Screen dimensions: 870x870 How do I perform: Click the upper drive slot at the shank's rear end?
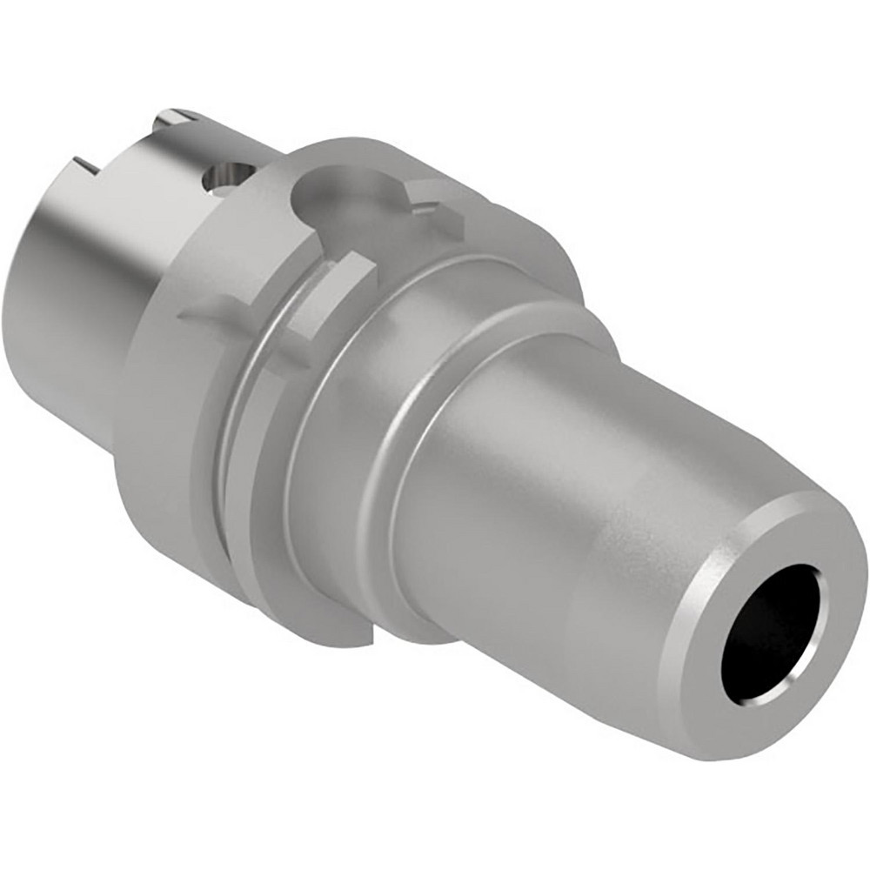click(x=174, y=117)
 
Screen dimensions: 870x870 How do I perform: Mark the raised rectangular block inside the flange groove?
click(x=326, y=296)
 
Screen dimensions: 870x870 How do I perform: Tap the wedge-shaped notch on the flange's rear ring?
click(x=209, y=309)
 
